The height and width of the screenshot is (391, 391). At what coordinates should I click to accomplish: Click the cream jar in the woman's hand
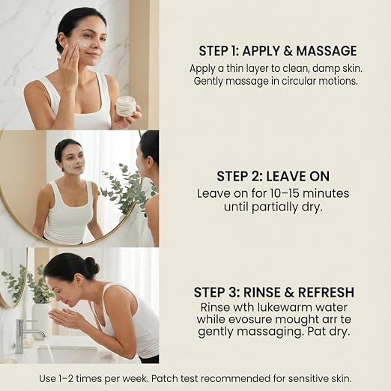point(126,107)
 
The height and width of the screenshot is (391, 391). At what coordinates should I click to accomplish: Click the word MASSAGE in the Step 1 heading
point(327,51)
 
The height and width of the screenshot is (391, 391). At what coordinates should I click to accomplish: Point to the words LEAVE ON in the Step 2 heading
point(298,176)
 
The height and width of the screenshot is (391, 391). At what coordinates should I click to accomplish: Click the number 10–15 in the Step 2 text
point(285,193)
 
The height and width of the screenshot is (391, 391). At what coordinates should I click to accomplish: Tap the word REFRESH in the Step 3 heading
point(326,292)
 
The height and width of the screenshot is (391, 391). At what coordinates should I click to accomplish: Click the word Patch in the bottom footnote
point(163,378)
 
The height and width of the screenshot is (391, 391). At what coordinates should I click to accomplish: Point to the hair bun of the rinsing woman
point(92,267)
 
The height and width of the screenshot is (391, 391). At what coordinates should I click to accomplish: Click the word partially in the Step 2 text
point(275,207)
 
